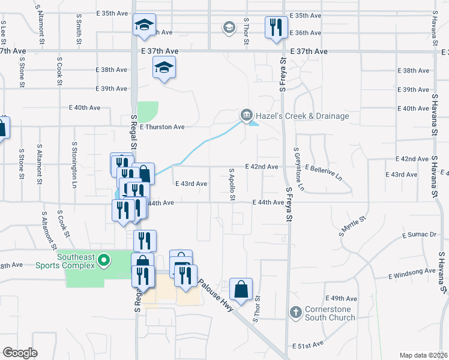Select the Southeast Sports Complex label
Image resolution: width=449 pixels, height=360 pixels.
[x=76, y=261]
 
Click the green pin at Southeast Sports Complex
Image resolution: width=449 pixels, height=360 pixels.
[x=104, y=260]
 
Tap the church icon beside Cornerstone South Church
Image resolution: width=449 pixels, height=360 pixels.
[x=295, y=313]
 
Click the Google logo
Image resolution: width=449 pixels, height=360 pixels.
[x=20, y=353]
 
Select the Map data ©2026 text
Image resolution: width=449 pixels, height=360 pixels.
[x=423, y=355]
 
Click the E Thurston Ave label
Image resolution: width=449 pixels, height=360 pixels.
[x=162, y=127]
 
